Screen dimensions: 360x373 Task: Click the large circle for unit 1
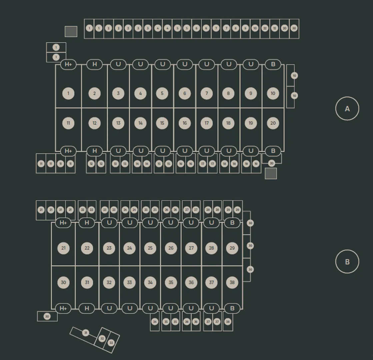click(68, 93)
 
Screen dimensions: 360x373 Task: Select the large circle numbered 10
click(273, 93)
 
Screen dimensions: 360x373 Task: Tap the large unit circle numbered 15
click(162, 123)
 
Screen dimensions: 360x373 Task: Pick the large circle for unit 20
click(273, 123)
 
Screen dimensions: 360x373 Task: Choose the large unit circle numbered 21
click(63, 248)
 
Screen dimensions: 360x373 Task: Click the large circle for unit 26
click(171, 248)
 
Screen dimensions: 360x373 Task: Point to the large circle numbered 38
click(232, 283)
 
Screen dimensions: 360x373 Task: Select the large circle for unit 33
click(130, 283)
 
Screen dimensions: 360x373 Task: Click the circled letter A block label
click(347, 109)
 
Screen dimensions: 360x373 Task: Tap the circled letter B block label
click(347, 262)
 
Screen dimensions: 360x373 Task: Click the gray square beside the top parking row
click(71, 32)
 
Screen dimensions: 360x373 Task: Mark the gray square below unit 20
click(271, 173)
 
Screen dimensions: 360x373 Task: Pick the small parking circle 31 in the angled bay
click(86, 333)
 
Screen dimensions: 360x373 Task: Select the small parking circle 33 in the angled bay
click(111, 343)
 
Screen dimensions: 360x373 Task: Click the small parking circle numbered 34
click(155, 322)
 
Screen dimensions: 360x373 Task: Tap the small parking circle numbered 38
click(228, 322)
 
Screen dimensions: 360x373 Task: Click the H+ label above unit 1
click(68, 64)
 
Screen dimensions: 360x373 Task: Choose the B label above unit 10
click(273, 64)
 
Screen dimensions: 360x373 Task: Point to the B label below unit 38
click(232, 308)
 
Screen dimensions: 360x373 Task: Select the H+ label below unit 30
click(63, 308)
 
